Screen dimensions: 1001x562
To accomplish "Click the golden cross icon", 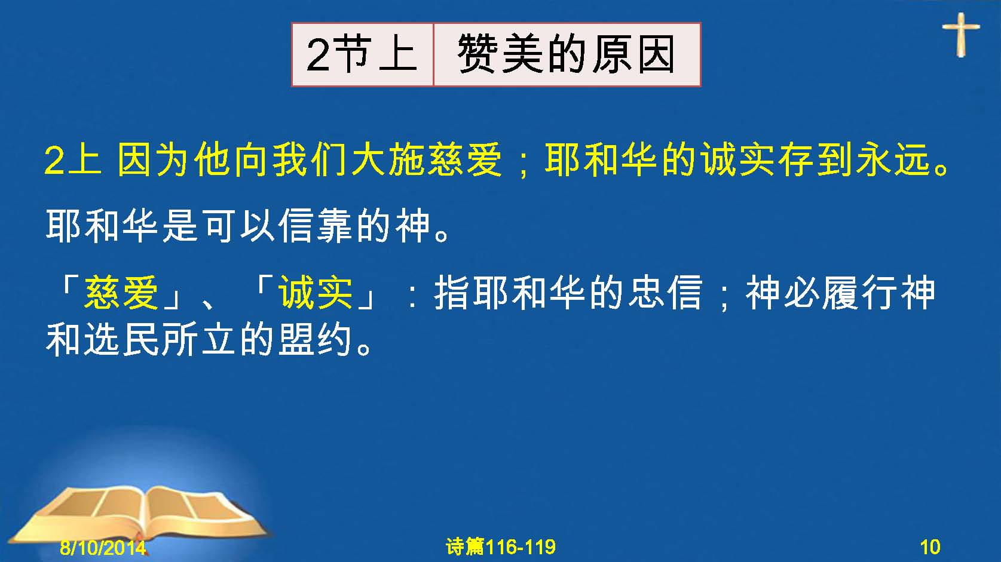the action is click(961, 35).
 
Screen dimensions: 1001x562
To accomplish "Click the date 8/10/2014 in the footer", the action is click(103, 547).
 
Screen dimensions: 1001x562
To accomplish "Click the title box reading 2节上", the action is click(362, 54).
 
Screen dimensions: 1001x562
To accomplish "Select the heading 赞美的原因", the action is click(566, 54).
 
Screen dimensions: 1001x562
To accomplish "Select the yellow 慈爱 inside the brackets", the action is click(121, 293).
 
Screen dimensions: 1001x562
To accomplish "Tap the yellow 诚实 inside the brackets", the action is click(316, 293).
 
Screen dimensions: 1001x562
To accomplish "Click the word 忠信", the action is click(665, 293).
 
